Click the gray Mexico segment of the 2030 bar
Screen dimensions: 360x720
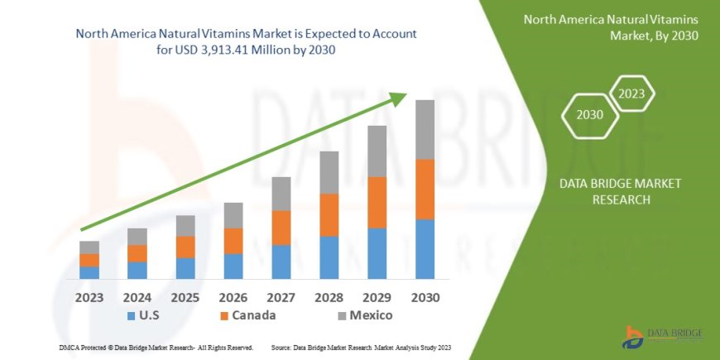pos(425,130)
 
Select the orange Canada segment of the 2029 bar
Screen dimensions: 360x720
pos(377,202)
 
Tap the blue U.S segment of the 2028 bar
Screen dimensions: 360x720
pos(329,257)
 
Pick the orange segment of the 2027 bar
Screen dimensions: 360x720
pos(281,228)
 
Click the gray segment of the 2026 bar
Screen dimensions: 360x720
pos(233,215)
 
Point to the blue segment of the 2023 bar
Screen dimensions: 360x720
pos(89,272)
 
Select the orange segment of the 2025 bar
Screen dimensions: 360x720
pos(185,247)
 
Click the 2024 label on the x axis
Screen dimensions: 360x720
pos(137,296)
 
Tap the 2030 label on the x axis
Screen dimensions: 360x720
pos(425,296)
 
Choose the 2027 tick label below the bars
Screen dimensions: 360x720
pos(281,296)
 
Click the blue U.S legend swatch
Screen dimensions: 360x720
pos(131,316)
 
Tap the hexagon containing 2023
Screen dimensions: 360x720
pos(631,94)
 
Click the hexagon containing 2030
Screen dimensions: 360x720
pos(589,115)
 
